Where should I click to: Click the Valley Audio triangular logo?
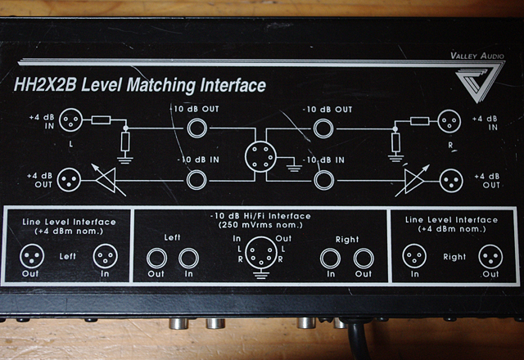pyautogui.click(x=477, y=82)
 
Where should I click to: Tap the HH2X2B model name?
pyautogui.click(x=46, y=85)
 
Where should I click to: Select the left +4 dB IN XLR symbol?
pyautogui.click(x=71, y=120)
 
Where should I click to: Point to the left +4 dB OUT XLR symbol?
pyautogui.click(x=69, y=180)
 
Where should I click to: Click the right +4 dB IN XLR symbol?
pyautogui.click(x=449, y=121)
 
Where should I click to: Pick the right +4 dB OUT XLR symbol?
pyautogui.click(x=451, y=181)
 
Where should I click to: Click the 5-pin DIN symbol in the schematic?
pyautogui.click(x=260, y=156)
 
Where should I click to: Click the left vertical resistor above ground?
pyautogui.click(x=125, y=142)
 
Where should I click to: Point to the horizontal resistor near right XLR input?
pyautogui.click(x=419, y=121)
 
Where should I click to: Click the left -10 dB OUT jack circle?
pyautogui.click(x=197, y=128)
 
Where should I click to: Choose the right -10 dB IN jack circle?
pyautogui.click(x=323, y=180)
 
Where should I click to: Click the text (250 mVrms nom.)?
pyautogui.click(x=260, y=225)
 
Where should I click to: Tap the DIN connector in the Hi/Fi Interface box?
pyautogui.click(x=261, y=253)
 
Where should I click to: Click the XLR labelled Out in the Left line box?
pyautogui.click(x=32, y=256)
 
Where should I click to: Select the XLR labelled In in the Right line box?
pyautogui.click(x=414, y=256)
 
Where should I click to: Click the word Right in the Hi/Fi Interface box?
pyautogui.click(x=347, y=240)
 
